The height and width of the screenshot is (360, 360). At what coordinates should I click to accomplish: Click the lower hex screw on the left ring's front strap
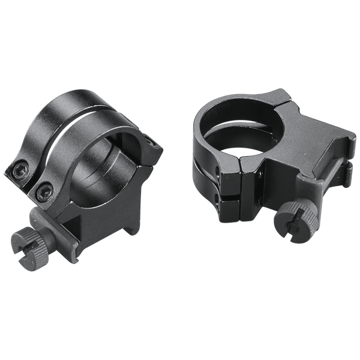tap(42, 191)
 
